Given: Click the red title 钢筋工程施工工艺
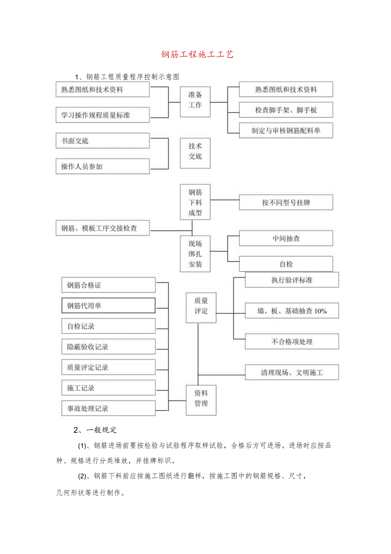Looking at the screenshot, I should point(197,55).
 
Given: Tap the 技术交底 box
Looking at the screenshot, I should point(195,151).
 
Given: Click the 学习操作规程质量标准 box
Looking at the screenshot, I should point(102,115).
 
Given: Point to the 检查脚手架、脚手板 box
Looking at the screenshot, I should point(286,110).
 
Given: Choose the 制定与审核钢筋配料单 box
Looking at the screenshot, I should point(286,131).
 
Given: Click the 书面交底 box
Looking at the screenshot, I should point(102,141).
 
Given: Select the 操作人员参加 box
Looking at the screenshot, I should point(102,166).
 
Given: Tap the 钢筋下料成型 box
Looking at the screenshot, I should point(195,203).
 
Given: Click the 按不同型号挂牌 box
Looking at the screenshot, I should point(286,203).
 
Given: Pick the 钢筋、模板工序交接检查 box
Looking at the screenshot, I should point(102,228).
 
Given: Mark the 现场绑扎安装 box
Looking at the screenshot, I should point(195,254).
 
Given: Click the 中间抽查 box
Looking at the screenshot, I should point(286,238).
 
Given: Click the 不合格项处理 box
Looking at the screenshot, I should point(292,342).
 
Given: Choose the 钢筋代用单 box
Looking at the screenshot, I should point(108,306).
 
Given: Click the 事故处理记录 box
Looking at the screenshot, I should point(108,408).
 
